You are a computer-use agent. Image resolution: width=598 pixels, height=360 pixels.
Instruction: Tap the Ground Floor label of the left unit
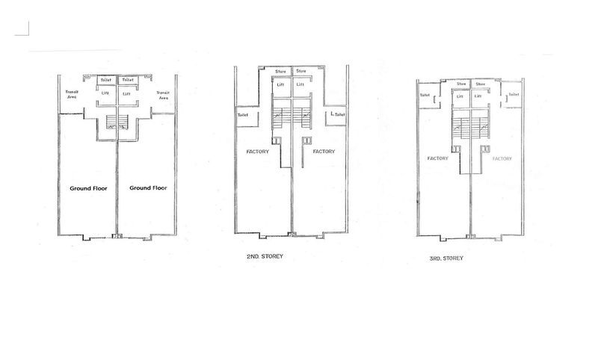point(88,188)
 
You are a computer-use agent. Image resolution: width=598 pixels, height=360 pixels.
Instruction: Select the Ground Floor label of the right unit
point(147,188)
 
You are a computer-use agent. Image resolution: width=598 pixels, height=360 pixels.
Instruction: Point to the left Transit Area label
point(73,95)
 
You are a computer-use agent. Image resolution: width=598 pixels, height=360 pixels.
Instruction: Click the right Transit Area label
point(161,95)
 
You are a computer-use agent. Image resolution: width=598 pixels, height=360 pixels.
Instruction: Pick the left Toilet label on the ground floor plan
point(106,79)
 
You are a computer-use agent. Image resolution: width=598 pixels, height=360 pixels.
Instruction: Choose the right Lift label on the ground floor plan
point(126,93)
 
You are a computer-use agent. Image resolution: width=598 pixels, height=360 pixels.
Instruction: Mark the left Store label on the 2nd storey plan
point(281,72)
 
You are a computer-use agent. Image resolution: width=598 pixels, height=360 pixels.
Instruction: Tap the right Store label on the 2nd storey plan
point(301,72)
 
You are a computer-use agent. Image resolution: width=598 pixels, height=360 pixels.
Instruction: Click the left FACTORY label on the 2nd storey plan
point(258,152)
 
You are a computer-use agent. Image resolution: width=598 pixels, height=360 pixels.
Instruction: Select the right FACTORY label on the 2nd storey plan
point(324,152)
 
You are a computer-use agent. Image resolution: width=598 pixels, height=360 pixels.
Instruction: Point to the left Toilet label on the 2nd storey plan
point(242,115)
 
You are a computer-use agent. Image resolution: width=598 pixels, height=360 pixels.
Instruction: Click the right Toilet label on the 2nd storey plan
point(339,115)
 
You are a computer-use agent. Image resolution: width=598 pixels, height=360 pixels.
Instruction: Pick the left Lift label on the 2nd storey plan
point(280,84)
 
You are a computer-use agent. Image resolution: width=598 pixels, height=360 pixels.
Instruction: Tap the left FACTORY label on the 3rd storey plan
point(437,158)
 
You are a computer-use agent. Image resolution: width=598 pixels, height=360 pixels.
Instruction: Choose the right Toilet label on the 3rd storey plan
point(514,95)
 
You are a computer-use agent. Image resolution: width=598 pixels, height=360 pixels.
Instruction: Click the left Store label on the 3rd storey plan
point(461,84)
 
